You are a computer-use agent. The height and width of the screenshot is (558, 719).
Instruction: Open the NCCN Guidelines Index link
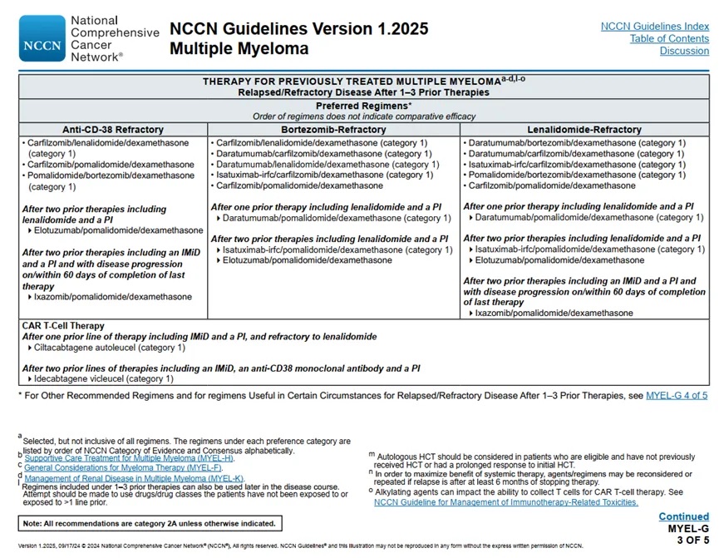click(x=654, y=27)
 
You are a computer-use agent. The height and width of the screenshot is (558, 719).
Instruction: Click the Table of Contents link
click(x=669, y=38)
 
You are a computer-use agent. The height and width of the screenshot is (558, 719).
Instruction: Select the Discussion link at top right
click(x=684, y=51)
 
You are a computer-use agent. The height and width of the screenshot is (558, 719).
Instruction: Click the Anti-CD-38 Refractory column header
click(x=113, y=130)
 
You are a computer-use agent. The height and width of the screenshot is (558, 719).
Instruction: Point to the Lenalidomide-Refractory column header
click(x=584, y=130)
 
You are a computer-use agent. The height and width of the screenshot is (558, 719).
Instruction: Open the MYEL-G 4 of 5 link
click(x=677, y=395)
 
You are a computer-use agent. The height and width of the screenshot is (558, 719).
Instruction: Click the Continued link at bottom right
click(x=683, y=516)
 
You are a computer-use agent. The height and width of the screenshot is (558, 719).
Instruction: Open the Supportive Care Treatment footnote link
click(x=129, y=458)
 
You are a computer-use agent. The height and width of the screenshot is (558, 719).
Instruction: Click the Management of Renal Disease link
click(x=134, y=478)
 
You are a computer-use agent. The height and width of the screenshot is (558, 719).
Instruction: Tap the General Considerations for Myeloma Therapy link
click(x=133, y=468)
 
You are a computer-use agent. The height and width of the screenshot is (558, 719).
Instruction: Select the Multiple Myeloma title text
click(x=239, y=49)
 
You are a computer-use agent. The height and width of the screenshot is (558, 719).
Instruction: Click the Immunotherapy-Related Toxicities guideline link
click(x=505, y=501)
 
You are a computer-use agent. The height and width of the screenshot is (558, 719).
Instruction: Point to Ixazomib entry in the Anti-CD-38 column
click(x=112, y=297)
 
